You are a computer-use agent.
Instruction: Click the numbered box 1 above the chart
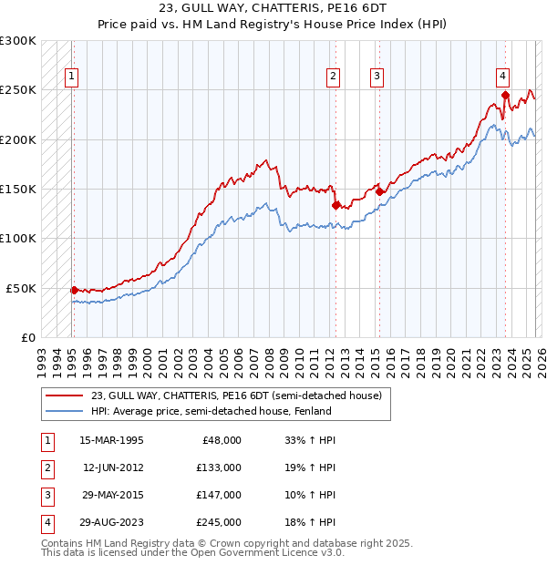coord(71,77)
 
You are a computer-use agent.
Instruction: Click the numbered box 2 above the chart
coord(334,77)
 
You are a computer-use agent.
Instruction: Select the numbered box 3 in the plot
coord(377,77)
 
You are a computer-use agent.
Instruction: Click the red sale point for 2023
coord(504,94)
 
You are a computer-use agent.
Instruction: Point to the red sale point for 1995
coord(74,290)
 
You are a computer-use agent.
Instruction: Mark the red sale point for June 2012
coord(335,205)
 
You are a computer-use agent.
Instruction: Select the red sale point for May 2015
coord(379,191)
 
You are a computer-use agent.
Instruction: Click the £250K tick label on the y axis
coord(18,90)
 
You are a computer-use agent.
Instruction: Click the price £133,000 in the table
coord(219,467)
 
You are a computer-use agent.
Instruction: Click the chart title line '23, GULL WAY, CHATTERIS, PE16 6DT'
coord(273,10)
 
